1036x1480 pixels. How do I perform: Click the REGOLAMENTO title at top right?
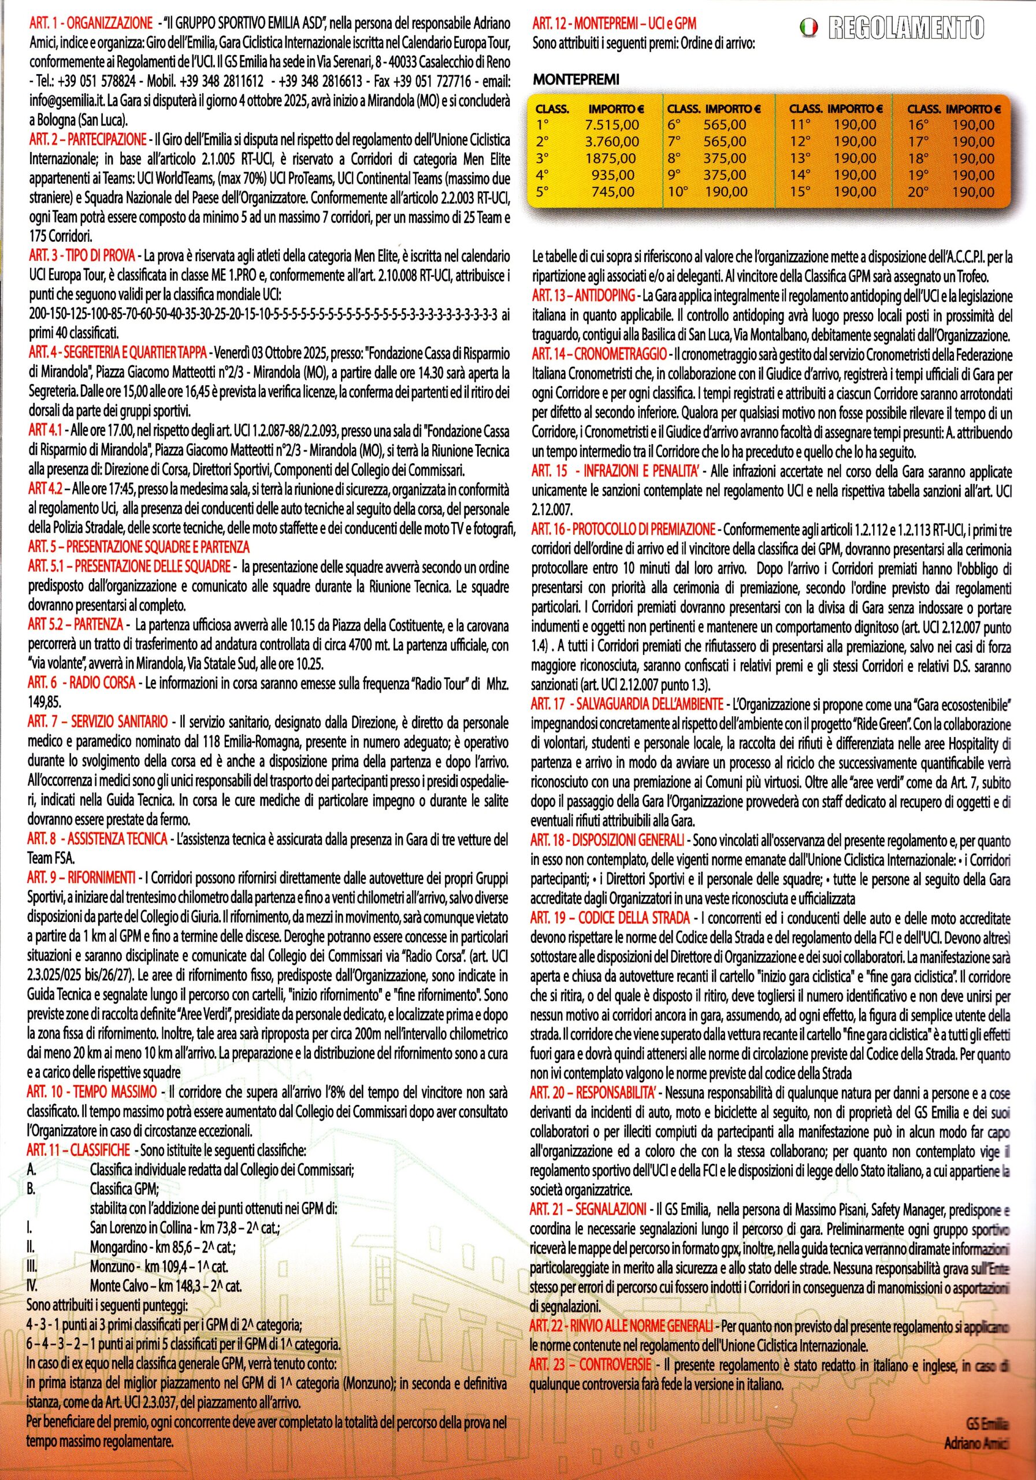906,27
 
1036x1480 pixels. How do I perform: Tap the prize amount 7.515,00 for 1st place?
611,124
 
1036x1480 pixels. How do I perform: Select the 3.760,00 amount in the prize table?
611,141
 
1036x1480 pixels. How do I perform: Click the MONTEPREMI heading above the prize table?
575,80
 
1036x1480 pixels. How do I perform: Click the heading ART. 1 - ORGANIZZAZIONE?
90,23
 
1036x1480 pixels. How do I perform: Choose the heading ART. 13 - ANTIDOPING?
583,296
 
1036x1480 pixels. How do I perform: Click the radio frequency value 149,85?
43,699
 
